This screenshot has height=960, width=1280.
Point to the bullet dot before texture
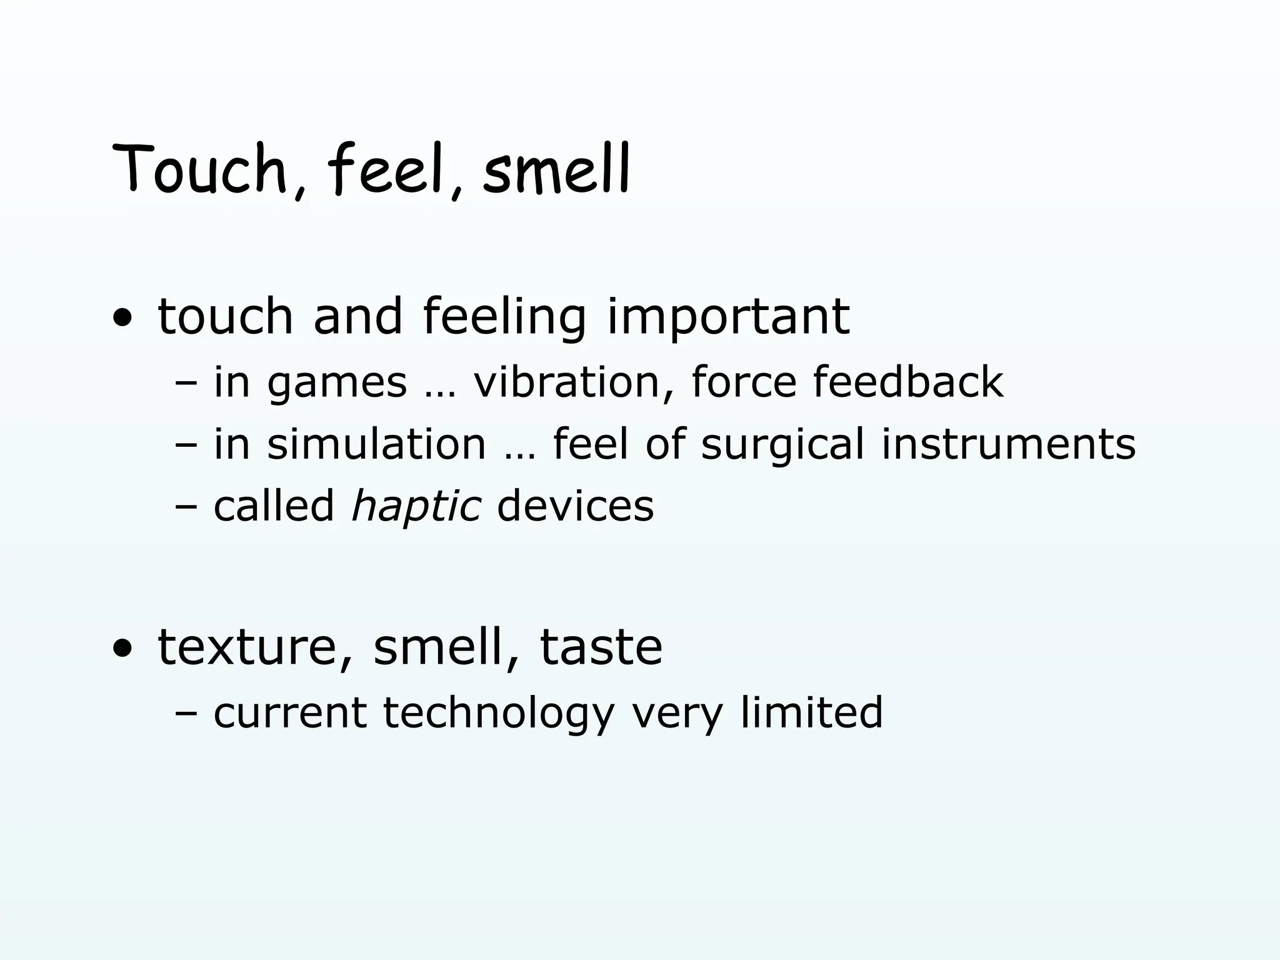122,649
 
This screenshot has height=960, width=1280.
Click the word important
728,317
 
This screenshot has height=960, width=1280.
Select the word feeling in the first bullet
504,317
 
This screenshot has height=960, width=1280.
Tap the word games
337,383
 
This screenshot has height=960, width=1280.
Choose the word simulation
376,444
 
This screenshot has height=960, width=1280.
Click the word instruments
1008,444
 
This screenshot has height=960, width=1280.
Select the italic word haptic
416,507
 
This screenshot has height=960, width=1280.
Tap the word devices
575,506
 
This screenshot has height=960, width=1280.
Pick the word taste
601,647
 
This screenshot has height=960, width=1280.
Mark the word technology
499,713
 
